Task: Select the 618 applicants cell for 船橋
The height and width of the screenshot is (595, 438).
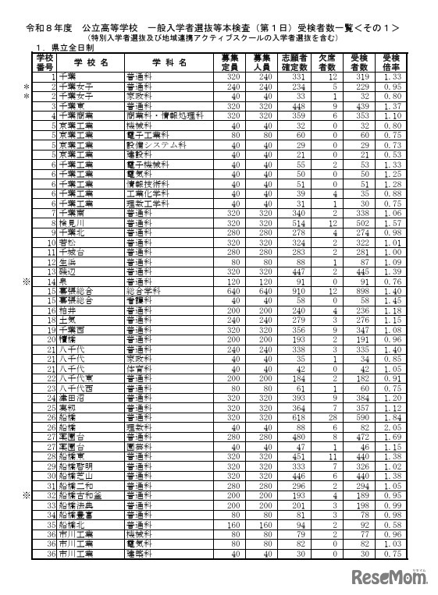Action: click(x=296, y=418)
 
